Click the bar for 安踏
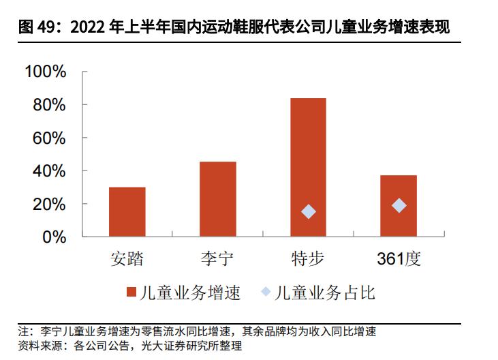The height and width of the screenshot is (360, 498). [x=127, y=212]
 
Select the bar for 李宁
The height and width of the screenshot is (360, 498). [x=218, y=199]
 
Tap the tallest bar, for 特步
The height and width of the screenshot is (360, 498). [x=308, y=167]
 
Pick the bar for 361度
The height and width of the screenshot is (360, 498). [x=399, y=206]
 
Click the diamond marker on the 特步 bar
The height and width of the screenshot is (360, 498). [x=308, y=211]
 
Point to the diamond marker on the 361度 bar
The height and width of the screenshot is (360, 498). [x=399, y=205]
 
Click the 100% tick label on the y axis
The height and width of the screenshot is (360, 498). [x=45, y=72]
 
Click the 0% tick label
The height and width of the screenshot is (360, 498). [x=55, y=237]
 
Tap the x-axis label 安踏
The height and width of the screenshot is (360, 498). [x=127, y=259]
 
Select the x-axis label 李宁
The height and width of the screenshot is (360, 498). [x=218, y=259]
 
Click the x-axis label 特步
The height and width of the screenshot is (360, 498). [x=308, y=259]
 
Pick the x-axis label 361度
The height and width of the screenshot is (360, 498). [x=399, y=259]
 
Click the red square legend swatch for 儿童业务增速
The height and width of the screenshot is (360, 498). [x=131, y=293]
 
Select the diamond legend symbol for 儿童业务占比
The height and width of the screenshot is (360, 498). [x=266, y=293]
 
